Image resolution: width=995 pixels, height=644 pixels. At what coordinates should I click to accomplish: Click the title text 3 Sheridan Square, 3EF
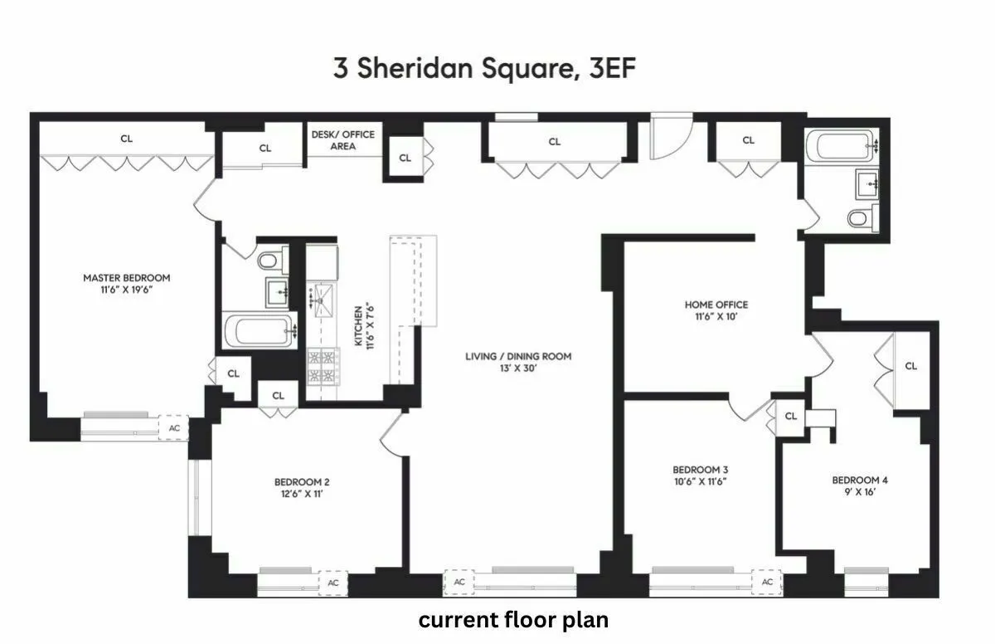click(484, 69)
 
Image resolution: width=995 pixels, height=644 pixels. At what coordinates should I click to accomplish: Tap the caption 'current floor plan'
click(513, 620)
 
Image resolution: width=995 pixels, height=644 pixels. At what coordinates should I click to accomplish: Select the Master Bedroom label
click(126, 277)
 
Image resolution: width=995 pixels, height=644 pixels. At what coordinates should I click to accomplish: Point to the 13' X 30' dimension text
click(518, 368)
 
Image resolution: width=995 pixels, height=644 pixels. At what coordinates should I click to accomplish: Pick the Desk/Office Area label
click(342, 139)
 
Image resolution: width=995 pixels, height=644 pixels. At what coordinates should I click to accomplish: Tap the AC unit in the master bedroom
click(174, 427)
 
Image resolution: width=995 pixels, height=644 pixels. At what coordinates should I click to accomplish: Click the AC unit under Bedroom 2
click(333, 583)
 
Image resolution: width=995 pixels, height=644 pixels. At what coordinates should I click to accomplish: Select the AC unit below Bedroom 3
click(767, 582)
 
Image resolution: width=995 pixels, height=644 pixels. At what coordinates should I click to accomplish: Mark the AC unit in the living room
click(459, 583)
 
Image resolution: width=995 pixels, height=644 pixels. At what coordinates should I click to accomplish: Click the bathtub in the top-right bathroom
click(844, 147)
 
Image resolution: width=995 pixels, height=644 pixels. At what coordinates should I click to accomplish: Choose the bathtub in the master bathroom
click(259, 332)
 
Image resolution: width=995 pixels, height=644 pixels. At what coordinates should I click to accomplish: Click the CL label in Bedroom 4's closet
click(910, 366)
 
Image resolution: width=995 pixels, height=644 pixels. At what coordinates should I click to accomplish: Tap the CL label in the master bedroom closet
click(126, 139)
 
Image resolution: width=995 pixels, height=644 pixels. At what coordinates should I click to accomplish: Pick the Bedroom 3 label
click(701, 469)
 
